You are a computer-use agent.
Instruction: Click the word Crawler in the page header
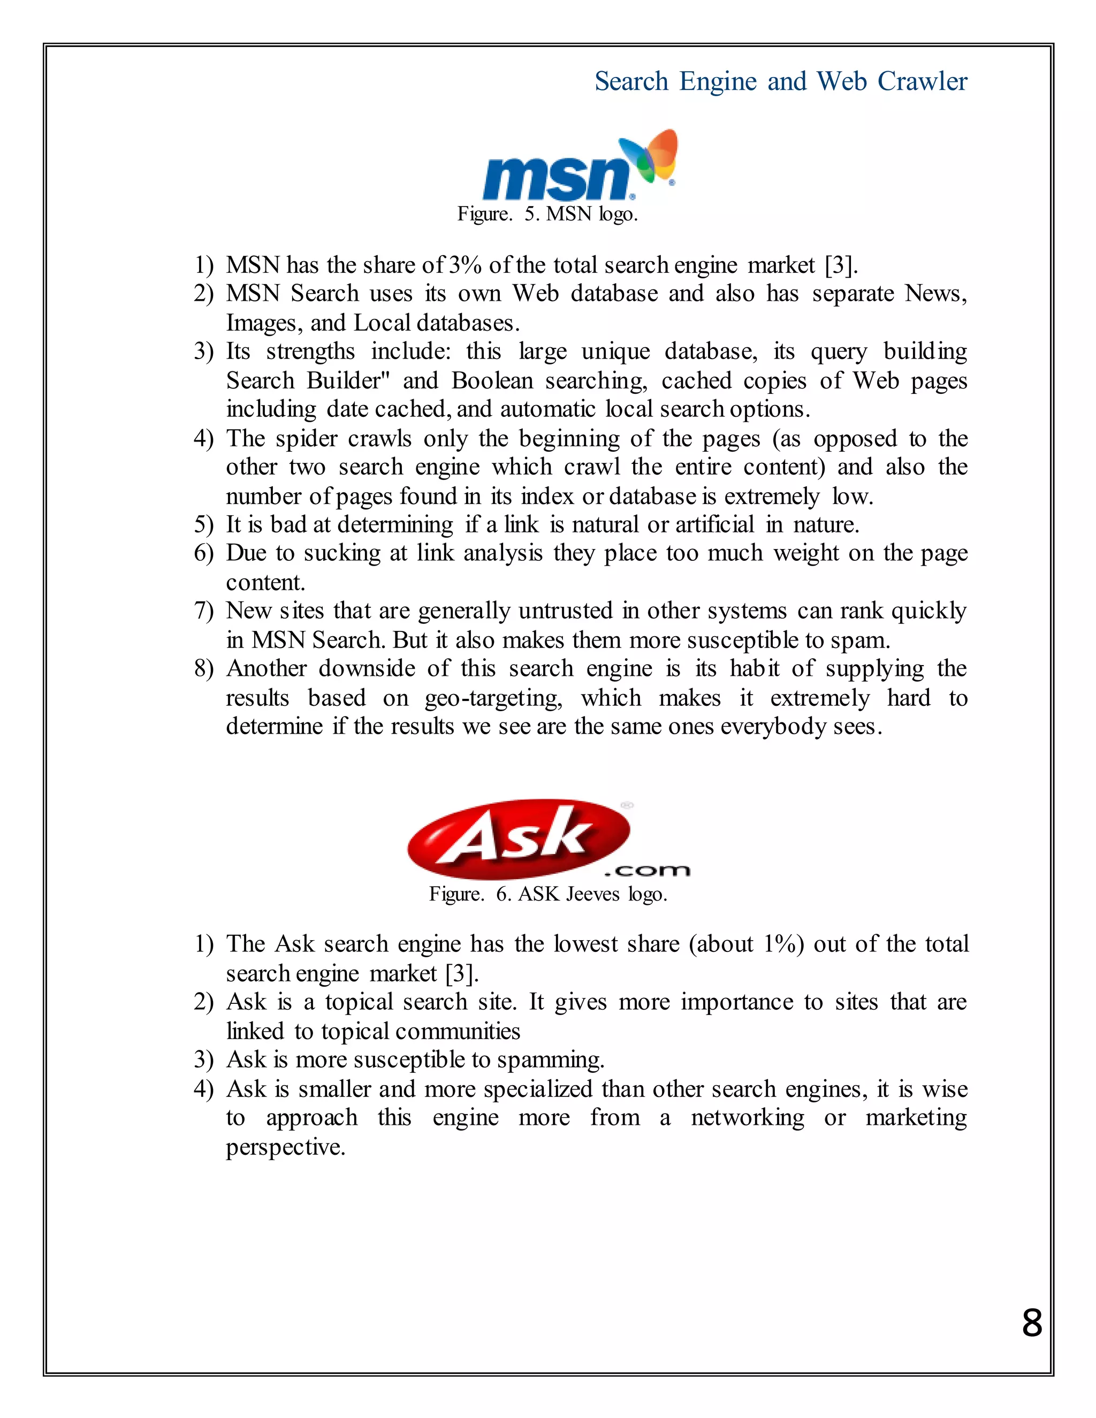[x=922, y=82]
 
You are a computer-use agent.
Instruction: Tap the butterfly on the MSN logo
[x=652, y=156]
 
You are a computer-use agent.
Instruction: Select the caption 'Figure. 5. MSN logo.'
[x=547, y=214]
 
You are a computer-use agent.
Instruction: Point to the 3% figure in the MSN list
[x=465, y=265]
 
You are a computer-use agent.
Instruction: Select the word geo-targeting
[x=493, y=698]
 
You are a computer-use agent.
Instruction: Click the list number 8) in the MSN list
[x=203, y=669]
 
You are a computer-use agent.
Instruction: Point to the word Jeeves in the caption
[x=592, y=895]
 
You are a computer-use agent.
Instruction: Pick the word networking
[x=747, y=1118]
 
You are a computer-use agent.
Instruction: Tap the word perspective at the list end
[x=285, y=1147]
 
